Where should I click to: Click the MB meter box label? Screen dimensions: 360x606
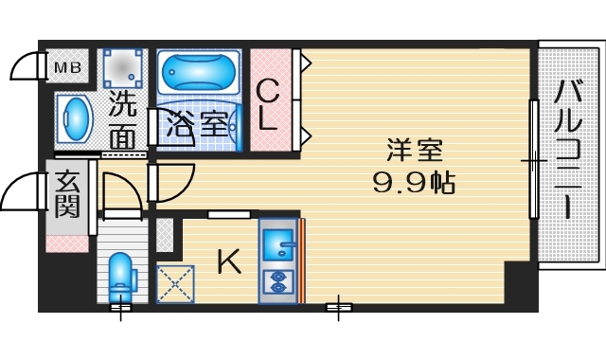66,67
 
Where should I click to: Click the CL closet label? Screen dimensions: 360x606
269,104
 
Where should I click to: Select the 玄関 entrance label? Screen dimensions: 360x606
66,193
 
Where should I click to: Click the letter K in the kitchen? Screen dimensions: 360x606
227,261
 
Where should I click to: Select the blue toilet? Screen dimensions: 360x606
121,277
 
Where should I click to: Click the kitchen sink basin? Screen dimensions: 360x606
278,244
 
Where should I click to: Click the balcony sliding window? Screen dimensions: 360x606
533,161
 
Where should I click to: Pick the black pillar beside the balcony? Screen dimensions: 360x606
520,284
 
